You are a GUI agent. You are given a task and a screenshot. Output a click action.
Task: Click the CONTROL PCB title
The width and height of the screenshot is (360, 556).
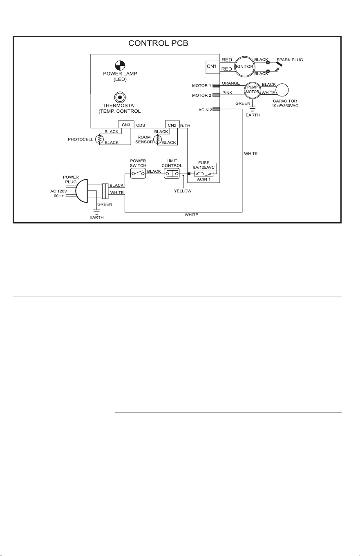coord(158,43)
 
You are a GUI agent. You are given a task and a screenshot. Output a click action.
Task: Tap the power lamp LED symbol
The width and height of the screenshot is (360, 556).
coord(120,65)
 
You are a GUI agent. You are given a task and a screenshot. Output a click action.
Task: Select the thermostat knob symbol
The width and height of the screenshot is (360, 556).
coord(120,97)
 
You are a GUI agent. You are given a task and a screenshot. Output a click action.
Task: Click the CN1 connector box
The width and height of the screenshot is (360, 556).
coord(213,67)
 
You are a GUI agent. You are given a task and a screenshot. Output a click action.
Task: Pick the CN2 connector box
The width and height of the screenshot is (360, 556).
coord(172,125)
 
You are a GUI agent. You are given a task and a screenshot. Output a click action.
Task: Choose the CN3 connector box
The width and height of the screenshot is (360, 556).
coord(126,125)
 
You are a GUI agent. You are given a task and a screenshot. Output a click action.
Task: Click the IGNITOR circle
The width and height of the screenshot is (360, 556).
coord(244,67)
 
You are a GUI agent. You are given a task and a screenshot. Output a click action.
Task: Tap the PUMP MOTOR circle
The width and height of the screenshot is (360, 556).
coord(253,89)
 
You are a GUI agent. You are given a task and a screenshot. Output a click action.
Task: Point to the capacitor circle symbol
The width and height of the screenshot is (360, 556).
coord(282,89)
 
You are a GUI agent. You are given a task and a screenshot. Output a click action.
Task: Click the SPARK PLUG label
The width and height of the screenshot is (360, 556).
coord(290,60)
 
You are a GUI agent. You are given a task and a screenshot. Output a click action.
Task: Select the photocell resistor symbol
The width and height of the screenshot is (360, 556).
coord(99,139)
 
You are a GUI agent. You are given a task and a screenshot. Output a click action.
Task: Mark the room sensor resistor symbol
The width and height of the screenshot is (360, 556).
coord(157,139)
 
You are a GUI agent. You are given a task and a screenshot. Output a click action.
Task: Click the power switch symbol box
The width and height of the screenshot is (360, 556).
coord(138,173)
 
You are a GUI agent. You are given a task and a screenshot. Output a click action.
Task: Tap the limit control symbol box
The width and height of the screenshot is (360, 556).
coord(172,174)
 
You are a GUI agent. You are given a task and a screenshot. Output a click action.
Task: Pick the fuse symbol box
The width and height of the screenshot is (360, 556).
coord(204,174)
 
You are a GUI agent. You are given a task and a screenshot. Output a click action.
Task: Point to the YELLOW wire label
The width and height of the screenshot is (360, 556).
coord(183,191)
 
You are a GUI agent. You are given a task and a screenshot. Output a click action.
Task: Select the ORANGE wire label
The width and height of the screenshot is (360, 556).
coord(231,83)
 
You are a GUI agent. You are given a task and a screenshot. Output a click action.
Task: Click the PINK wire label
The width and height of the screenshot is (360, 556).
coord(227,93)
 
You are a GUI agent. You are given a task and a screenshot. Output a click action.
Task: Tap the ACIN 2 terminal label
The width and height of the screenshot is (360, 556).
coord(205,110)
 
